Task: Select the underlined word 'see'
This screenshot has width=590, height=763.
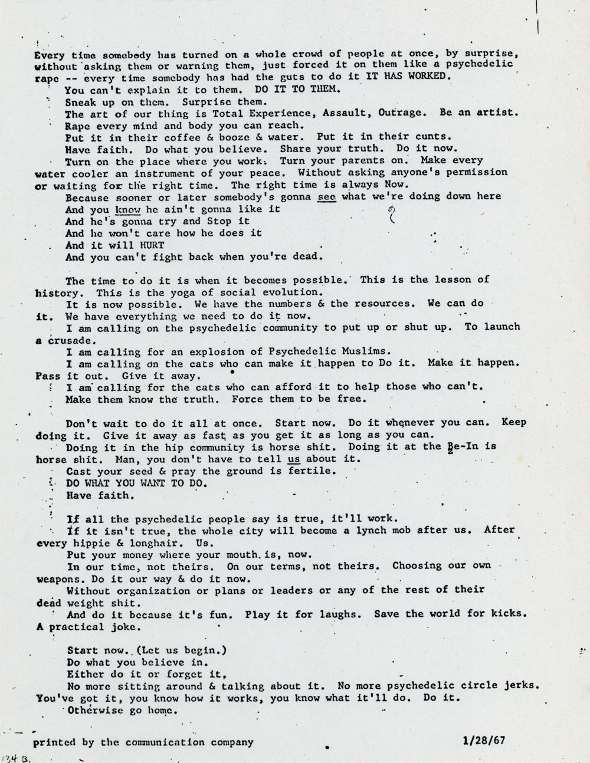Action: point(327,196)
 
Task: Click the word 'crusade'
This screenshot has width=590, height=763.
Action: point(71,341)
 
